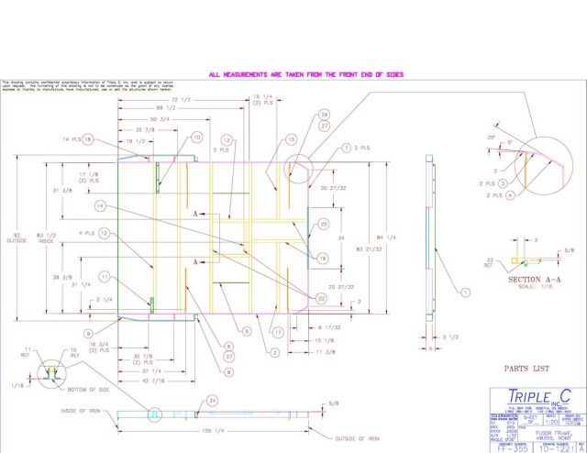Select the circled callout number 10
pos(196,138)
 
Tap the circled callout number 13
pos(227,141)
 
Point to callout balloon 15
pos(291,140)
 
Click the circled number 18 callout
pos(88,140)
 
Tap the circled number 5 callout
pos(246,330)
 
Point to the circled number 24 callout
pos(212,400)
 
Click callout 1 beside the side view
pos(464,293)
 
